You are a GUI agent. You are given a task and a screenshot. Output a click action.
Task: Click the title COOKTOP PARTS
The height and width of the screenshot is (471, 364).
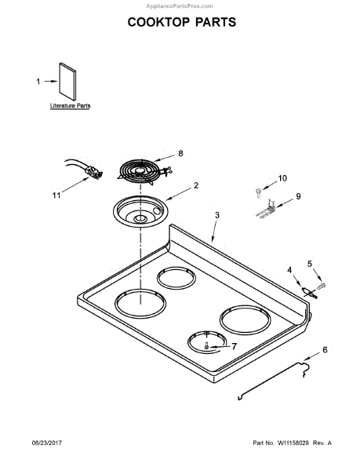(182, 22)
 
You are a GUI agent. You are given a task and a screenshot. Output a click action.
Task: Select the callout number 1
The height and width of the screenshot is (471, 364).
(38, 82)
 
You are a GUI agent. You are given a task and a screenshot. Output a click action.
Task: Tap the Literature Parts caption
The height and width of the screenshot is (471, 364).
(70, 106)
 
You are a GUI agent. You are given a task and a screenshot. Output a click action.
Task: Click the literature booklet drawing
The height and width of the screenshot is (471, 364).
(67, 82)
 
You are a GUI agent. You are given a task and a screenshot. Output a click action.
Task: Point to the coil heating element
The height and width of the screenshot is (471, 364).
(143, 172)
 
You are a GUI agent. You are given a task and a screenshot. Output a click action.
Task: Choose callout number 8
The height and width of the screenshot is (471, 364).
(180, 154)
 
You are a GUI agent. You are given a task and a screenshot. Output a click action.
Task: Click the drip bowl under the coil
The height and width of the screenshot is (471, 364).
(140, 211)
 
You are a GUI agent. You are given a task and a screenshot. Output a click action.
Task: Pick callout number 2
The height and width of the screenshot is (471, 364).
(196, 185)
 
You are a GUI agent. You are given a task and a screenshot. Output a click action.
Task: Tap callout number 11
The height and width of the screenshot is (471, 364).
(56, 195)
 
